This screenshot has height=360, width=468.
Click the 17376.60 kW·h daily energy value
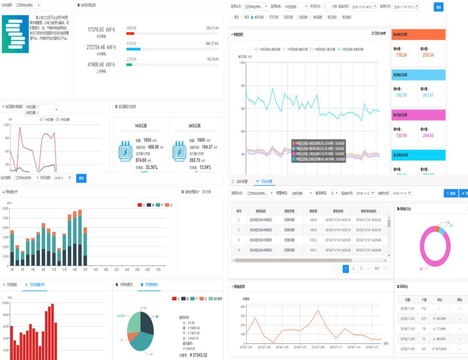(x=101, y=29)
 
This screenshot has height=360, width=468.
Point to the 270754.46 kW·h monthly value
(x=101, y=48)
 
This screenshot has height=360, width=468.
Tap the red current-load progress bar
(x=130, y=33)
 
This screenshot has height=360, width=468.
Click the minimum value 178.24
(x=401, y=55)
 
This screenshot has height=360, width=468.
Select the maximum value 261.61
(x=428, y=95)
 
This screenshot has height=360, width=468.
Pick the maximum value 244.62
(x=428, y=135)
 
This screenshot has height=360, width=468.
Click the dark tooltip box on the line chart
(x=318, y=151)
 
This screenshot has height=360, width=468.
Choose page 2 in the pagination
(x=354, y=269)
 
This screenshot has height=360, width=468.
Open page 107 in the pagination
(x=376, y=269)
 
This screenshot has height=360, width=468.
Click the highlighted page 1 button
(x=346, y=269)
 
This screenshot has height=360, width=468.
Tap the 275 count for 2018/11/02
(x=424, y=318)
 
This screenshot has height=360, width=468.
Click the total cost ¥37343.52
(x=198, y=355)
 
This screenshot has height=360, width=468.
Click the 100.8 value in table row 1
(x=313, y=220)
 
